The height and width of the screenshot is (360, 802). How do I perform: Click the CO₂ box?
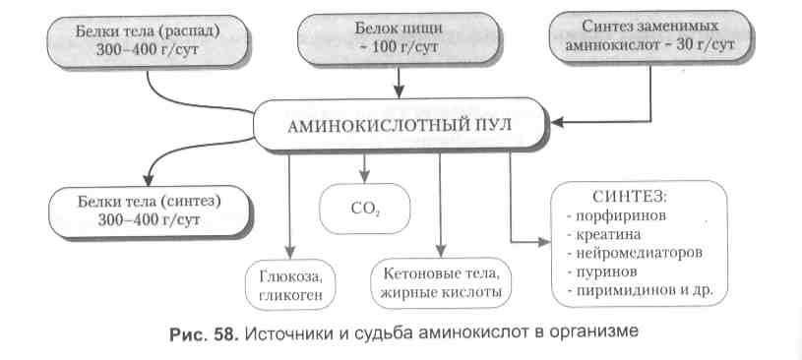(x=364, y=209)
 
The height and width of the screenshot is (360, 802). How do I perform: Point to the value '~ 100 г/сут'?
(x=399, y=49)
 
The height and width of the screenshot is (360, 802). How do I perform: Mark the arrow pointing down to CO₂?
(x=364, y=163)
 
